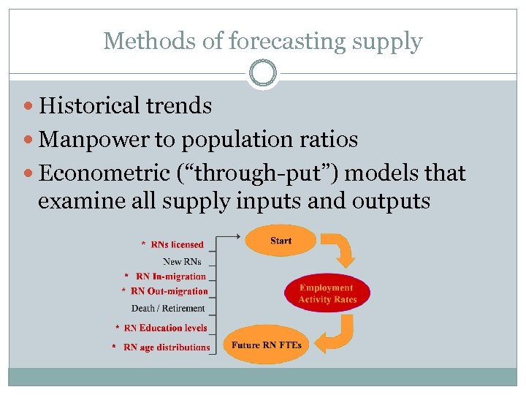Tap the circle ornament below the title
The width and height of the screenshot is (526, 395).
(x=263, y=74)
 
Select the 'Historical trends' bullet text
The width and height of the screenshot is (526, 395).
(x=125, y=106)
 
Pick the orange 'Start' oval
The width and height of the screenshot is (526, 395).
(x=281, y=241)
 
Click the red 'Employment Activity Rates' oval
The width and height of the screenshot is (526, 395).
(x=326, y=293)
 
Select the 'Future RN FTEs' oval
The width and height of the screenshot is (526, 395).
(x=267, y=345)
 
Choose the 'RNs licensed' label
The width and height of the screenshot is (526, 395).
(x=177, y=244)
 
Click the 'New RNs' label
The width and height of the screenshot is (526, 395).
(x=182, y=261)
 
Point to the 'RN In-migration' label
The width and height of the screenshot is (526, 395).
(x=171, y=276)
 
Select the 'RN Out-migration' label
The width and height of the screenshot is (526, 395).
(x=169, y=291)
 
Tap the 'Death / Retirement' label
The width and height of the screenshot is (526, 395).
(x=168, y=308)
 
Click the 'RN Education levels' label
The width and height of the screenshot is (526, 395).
(x=166, y=328)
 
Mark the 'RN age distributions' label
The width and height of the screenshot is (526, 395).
(x=167, y=347)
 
